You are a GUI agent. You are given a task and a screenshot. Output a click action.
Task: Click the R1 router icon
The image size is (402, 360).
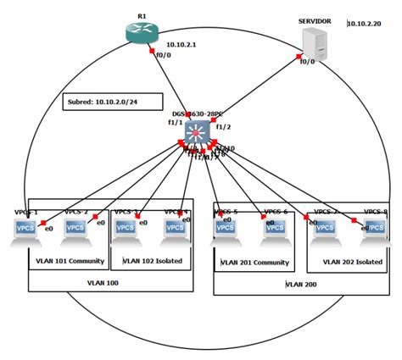click(x=140, y=30)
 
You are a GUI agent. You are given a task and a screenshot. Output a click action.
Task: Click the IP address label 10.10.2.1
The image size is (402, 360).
click(x=181, y=44)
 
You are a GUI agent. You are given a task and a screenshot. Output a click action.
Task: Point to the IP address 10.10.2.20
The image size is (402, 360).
click(x=366, y=24)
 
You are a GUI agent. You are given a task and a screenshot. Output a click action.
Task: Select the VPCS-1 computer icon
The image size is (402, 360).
click(x=25, y=230)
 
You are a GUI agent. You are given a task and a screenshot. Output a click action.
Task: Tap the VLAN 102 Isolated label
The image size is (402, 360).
click(x=153, y=261)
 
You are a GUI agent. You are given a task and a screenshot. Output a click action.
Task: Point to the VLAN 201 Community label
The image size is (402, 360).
click(x=255, y=263)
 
